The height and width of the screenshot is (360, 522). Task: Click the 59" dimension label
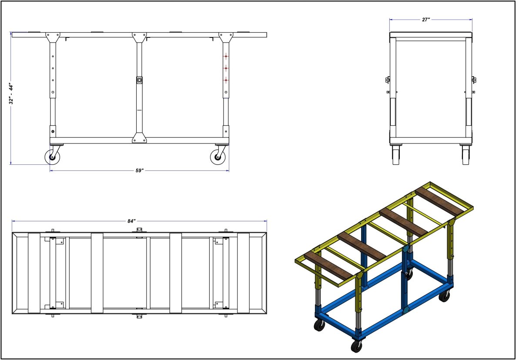(x=139, y=171)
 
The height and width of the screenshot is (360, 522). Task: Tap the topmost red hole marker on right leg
(x=226, y=57)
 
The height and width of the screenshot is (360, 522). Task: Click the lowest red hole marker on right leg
(x=226, y=80)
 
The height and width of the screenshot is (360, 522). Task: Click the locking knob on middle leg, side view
(x=139, y=80)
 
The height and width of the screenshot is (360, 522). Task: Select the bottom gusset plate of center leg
(x=139, y=138)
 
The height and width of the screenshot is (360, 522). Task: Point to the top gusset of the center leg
(x=139, y=37)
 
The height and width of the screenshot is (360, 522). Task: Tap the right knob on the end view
(x=475, y=80)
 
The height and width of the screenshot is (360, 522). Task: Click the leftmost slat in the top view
(x=34, y=273)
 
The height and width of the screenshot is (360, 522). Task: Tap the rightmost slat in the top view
(x=243, y=273)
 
